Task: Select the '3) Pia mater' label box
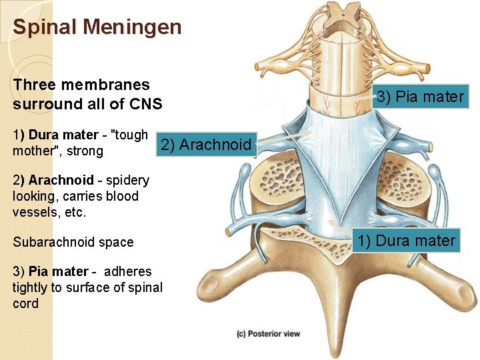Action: [419, 97]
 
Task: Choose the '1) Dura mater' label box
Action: [406, 241]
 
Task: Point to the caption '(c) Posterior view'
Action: [268, 333]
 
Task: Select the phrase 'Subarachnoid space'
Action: [73, 242]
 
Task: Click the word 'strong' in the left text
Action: [85, 151]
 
